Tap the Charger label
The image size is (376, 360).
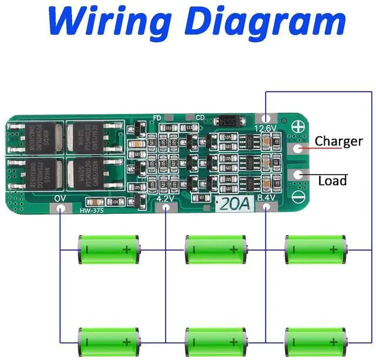(x=339, y=142)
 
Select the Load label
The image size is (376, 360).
(x=333, y=180)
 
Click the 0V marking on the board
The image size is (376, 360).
(x=60, y=199)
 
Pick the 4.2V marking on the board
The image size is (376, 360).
(x=167, y=199)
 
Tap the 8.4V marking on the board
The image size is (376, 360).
(x=266, y=199)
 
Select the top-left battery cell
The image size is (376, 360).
(x=109, y=250)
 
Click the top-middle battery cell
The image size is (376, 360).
(x=215, y=250)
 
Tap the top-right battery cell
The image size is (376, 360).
(x=315, y=250)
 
